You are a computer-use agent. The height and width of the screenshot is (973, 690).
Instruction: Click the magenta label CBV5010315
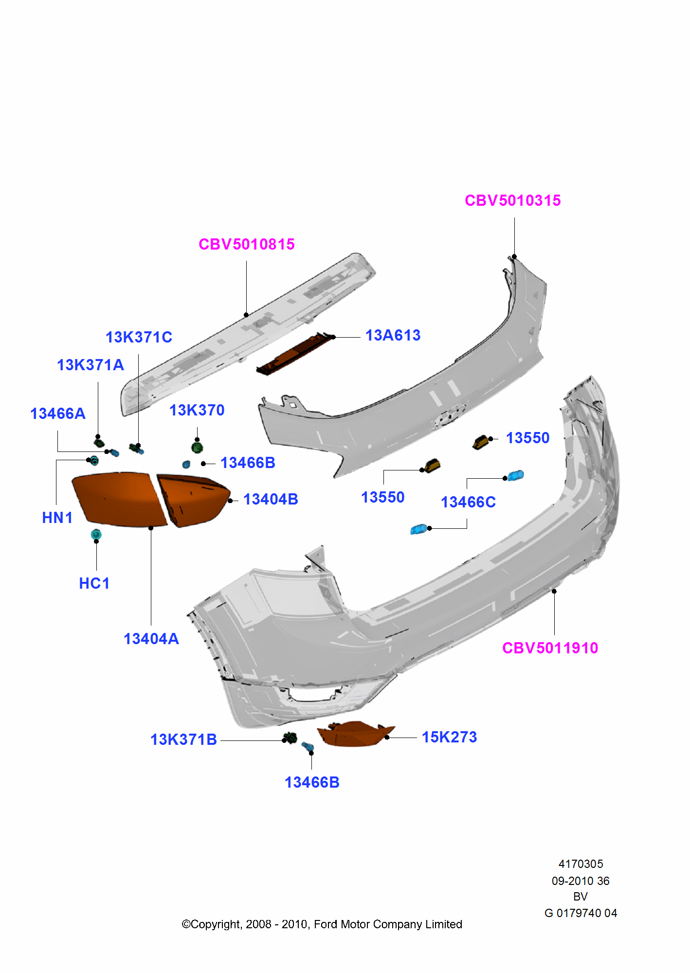click(x=512, y=200)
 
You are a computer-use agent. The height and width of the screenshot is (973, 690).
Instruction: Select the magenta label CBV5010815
click(x=246, y=244)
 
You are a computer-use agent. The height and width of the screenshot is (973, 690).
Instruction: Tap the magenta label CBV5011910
click(x=550, y=648)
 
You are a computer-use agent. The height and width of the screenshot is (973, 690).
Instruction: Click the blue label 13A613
click(x=393, y=335)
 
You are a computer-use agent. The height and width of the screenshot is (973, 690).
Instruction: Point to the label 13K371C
click(x=139, y=337)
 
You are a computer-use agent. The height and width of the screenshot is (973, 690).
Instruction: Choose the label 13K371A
click(x=91, y=365)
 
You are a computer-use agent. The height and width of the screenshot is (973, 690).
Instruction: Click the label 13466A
click(x=58, y=414)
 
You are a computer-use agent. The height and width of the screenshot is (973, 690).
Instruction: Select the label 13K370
click(x=197, y=410)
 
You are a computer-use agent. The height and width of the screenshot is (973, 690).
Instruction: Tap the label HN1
click(x=57, y=518)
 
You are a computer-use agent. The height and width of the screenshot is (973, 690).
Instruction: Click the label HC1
click(x=94, y=583)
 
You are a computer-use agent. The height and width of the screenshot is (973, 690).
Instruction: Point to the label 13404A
click(x=151, y=639)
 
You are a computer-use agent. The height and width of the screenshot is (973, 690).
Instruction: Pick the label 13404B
click(x=271, y=499)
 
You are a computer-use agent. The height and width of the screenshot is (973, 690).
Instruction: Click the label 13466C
click(x=468, y=502)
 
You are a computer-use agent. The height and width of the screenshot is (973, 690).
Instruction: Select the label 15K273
click(x=449, y=737)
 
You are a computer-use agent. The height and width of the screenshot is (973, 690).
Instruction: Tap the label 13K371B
click(x=183, y=739)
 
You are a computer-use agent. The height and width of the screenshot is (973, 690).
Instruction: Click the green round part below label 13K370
click(x=197, y=447)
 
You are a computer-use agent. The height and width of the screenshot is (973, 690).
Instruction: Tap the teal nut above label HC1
click(x=96, y=534)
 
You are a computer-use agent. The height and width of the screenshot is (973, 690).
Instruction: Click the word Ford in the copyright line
click(x=325, y=924)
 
